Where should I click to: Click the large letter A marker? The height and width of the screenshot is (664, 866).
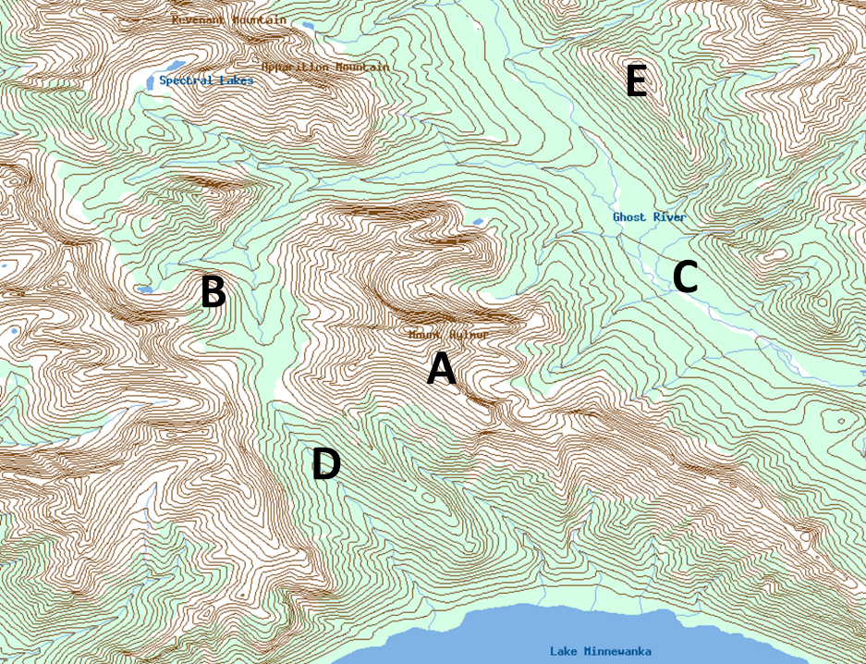point(441,370)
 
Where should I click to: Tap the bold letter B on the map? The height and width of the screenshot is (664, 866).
point(213,292)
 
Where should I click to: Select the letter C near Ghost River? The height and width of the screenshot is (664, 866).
point(685,277)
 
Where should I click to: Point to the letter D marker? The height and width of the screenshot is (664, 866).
point(325,464)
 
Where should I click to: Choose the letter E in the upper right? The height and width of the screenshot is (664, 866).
point(636,82)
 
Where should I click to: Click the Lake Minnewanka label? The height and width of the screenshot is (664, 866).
point(600,652)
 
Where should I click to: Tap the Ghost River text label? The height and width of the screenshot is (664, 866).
point(650,217)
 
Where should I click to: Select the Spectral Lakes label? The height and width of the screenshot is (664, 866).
point(206,81)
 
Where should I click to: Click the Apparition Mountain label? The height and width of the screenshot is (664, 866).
point(325,68)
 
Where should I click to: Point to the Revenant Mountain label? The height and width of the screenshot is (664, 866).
point(228,19)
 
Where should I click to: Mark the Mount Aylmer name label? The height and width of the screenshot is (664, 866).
point(447,335)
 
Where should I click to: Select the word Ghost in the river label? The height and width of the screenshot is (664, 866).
point(629,217)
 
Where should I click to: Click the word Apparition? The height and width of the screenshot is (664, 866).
point(295,68)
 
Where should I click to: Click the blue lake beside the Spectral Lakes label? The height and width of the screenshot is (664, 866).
point(151,81)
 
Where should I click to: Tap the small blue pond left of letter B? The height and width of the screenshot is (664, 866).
point(145,289)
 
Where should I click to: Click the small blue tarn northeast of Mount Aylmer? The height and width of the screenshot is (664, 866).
point(477,222)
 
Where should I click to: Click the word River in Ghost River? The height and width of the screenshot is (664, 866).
point(670,217)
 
